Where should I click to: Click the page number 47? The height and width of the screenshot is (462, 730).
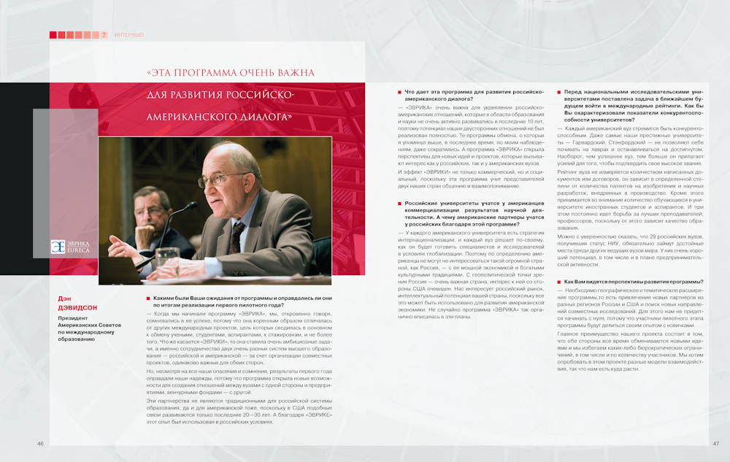click(x=716, y=443)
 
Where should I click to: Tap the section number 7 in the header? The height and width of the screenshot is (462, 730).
click(x=104, y=34)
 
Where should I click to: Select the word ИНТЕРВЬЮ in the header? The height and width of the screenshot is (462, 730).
click(x=129, y=34)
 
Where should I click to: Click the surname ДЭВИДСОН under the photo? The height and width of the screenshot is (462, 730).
click(x=79, y=307)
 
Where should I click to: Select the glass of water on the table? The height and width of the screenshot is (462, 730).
click(x=167, y=259)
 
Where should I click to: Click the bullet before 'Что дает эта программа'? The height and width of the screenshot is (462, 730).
click(x=400, y=93)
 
